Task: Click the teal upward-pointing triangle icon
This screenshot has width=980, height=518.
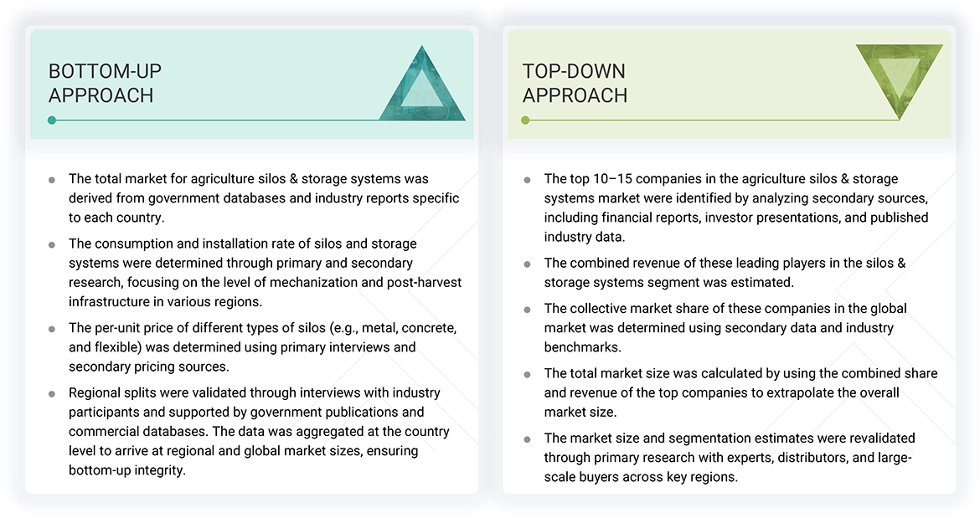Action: [x=422, y=87]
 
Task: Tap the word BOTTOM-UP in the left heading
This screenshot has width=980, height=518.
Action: [x=105, y=71]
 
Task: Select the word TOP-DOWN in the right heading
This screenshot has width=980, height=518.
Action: [x=574, y=71]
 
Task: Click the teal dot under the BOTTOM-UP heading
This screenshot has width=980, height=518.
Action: [x=52, y=120]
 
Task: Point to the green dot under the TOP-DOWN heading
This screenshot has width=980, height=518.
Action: [x=525, y=120]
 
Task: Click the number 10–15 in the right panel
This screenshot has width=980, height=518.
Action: [x=612, y=178]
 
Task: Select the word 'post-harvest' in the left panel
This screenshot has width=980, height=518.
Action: [x=425, y=283]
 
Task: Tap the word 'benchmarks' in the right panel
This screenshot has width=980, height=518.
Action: [x=582, y=347]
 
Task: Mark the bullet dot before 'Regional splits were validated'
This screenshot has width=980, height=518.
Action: [x=52, y=394]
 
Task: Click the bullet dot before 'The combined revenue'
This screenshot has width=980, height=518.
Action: [x=527, y=264]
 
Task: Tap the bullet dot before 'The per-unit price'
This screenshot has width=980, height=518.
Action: [x=52, y=329]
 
